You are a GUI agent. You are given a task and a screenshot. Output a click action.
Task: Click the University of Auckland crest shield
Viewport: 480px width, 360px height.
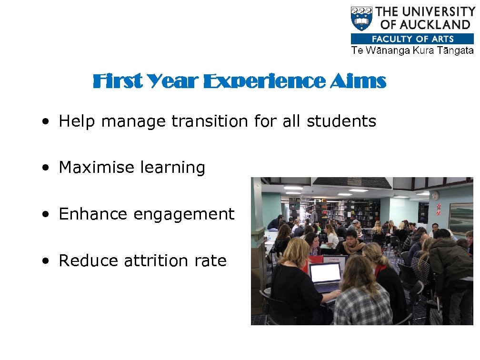362,19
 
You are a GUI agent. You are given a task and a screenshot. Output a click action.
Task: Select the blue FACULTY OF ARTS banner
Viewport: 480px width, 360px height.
412,39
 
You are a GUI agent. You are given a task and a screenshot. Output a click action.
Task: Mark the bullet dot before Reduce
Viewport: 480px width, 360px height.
45,261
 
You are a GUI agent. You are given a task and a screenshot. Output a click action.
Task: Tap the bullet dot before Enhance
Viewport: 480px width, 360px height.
45,215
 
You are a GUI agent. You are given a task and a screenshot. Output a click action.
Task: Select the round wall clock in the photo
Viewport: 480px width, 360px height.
435,196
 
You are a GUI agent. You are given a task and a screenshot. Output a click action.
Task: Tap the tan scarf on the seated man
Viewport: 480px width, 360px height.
353,247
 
